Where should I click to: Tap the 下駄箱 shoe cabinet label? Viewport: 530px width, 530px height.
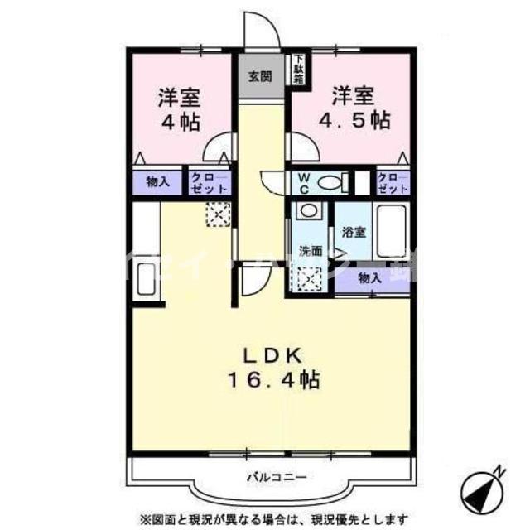pos(297,70)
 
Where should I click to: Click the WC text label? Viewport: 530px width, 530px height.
pos(303,183)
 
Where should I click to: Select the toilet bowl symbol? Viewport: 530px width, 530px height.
pos(330,182)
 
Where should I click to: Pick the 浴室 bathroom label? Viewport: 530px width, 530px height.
pos(354,232)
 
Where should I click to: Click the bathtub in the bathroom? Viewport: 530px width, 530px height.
pos(392,232)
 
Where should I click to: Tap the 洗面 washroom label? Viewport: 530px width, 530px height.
pos(310,250)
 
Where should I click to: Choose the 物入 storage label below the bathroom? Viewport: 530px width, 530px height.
pos(369,279)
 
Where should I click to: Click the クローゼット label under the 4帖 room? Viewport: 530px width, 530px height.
pos(201,183)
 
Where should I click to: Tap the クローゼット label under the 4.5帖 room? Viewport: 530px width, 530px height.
pos(393,183)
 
